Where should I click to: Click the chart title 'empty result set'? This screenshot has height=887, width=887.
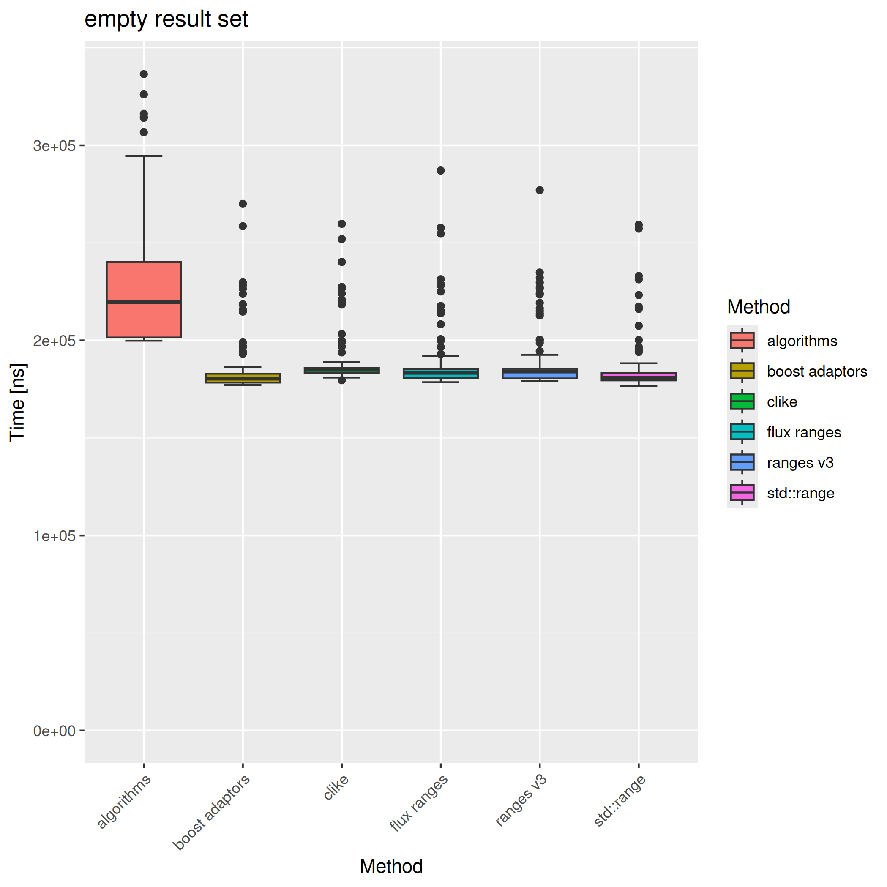click(166, 19)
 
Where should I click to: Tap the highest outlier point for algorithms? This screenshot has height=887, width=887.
click(144, 74)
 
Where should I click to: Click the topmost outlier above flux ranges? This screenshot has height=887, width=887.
click(440, 170)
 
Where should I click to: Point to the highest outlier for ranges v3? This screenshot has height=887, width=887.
click(540, 190)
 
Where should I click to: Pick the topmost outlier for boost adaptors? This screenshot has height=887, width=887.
click(243, 204)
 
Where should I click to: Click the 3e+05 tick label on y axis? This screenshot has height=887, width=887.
click(54, 146)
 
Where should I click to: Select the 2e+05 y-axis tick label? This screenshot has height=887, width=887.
click(54, 341)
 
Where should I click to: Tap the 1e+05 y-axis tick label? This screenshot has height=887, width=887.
click(54, 536)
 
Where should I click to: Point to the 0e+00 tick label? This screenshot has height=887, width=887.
click(54, 731)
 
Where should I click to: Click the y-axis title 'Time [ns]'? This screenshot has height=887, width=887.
click(17, 402)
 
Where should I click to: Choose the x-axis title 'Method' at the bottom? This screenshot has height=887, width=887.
click(391, 866)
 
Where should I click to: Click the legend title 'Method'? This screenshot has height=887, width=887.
click(759, 307)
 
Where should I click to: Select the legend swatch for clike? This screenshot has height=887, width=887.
click(742, 401)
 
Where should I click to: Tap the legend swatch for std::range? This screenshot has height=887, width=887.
click(742, 493)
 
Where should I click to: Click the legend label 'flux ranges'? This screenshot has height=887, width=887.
click(804, 432)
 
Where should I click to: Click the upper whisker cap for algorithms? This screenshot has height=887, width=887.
click(144, 156)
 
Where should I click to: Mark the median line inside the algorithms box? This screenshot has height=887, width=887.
click(144, 302)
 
